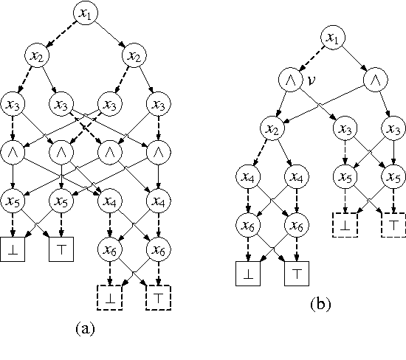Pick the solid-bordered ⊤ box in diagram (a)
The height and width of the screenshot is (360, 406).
[x=61, y=251]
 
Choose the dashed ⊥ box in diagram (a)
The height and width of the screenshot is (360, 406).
[x=109, y=300]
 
